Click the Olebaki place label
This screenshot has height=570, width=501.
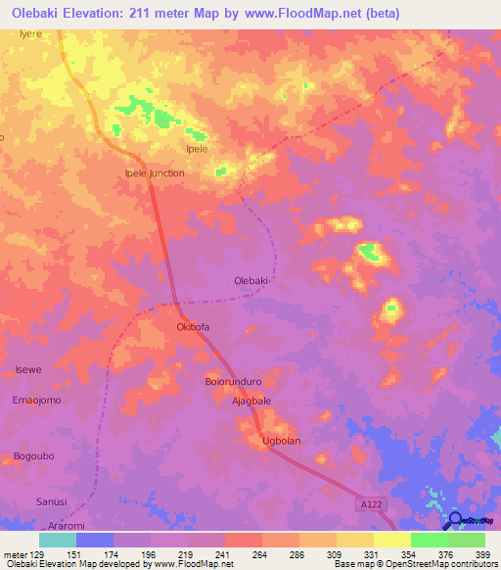click(x=251, y=280)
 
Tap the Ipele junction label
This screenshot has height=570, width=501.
click(x=155, y=173)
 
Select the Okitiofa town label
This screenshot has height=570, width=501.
click(x=193, y=327)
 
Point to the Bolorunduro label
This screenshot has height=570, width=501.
click(x=232, y=381)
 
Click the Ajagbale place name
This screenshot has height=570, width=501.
click(x=250, y=402)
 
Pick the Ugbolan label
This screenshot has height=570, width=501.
click(x=281, y=441)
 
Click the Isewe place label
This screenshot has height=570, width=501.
click(x=28, y=369)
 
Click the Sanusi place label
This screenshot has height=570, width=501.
click(x=52, y=500)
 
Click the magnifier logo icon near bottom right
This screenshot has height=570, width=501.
click(x=455, y=520)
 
